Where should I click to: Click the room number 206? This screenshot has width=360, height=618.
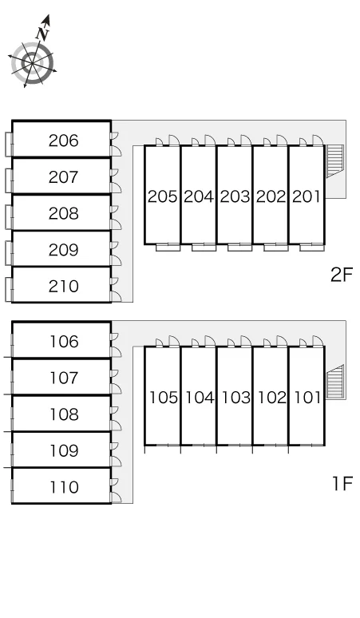click(63, 141)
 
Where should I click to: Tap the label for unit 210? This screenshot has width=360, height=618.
click(63, 286)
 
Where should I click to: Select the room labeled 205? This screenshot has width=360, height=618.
click(163, 196)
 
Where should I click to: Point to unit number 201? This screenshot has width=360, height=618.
click(307, 196)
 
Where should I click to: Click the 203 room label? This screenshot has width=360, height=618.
click(235, 196)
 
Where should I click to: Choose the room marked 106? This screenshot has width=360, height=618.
click(64, 342)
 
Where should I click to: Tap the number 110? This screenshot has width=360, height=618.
click(64, 487)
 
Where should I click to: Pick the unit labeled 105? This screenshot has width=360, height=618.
click(163, 398)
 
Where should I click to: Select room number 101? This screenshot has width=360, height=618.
click(307, 398)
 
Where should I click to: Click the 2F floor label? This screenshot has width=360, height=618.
click(342, 275)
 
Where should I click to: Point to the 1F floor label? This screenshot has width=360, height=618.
click(342, 483)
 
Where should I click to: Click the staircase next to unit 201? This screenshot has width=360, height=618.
click(335, 160)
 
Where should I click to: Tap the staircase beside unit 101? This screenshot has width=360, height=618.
click(335, 382)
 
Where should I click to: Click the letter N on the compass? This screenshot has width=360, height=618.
click(42, 34)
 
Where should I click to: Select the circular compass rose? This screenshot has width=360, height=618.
click(32, 63)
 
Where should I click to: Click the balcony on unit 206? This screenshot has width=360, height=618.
click(9, 145)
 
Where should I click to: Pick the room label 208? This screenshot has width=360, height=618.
click(63, 213)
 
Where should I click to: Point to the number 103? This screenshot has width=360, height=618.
click(235, 398)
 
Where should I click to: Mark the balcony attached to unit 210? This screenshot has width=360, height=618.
click(9, 290)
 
